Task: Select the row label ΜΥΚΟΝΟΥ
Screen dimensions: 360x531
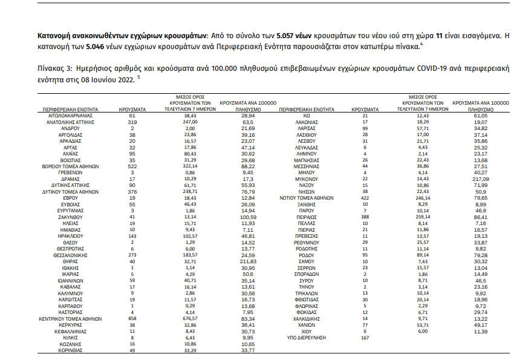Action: [x=307, y=178]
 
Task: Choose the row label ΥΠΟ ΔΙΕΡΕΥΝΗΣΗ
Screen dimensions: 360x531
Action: [x=307, y=337]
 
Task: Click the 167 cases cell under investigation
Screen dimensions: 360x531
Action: [x=365, y=337]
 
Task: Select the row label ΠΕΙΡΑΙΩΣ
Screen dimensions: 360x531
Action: [x=307, y=217]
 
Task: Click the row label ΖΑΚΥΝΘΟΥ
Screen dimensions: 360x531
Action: [x=67, y=217]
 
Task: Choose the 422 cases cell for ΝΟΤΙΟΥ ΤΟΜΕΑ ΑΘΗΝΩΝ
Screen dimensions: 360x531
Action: [x=365, y=197]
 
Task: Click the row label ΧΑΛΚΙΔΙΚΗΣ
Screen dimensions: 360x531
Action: [x=307, y=318]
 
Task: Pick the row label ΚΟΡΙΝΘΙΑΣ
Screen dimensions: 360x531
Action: [x=67, y=350]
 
